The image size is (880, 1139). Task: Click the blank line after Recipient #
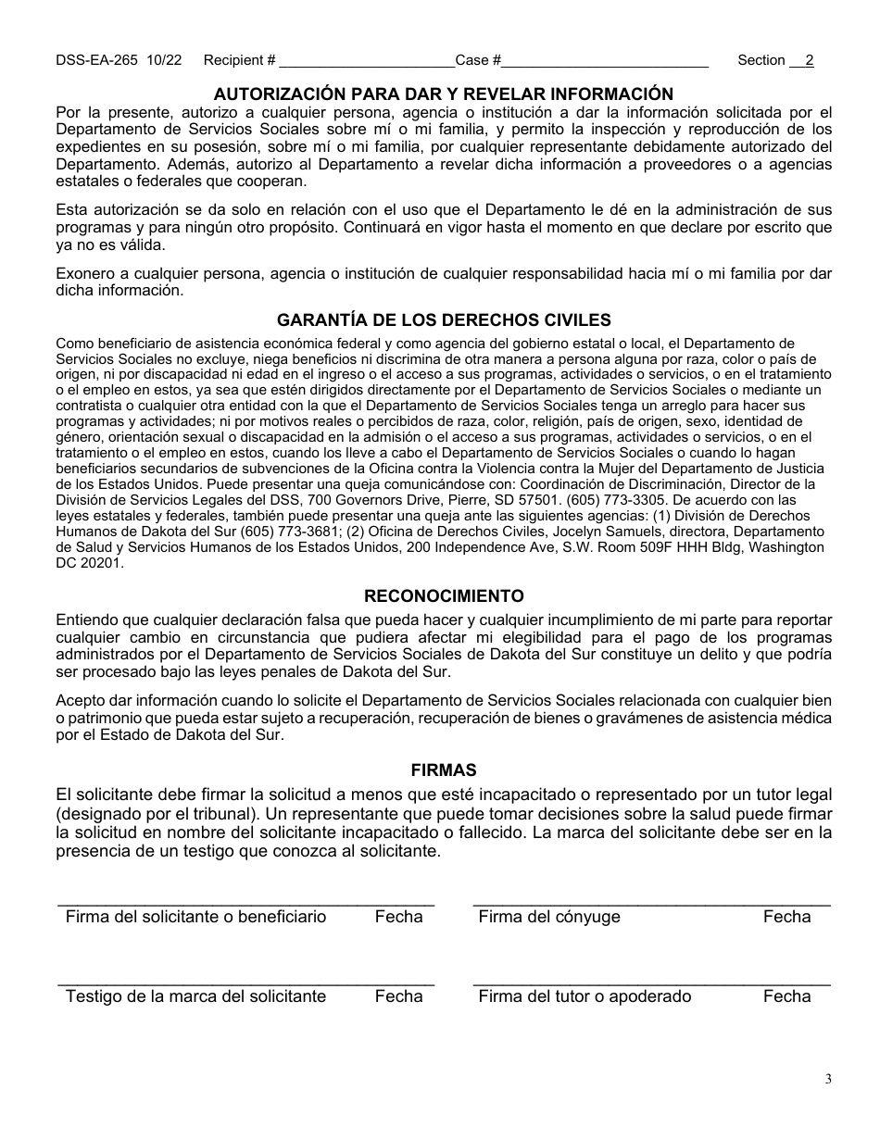[x=366, y=62]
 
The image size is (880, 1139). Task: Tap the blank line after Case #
[x=605, y=62]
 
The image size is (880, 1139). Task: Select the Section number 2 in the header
[x=809, y=60]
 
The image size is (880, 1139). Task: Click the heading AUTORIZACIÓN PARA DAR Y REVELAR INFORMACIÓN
[x=444, y=94]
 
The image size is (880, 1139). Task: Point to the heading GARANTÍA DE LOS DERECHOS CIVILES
[x=444, y=320]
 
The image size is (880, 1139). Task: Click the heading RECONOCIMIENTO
[x=444, y=595]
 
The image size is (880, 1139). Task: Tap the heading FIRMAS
[x=444, y=770]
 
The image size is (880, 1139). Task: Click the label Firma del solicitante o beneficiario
[x=196, y=917]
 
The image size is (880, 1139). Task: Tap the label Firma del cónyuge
[x=549, y=917]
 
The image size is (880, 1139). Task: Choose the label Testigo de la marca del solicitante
[x=196, y=996]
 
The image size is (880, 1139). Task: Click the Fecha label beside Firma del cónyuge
[x=786, y=917]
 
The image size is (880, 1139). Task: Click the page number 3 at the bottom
[x=828, y=1079]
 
